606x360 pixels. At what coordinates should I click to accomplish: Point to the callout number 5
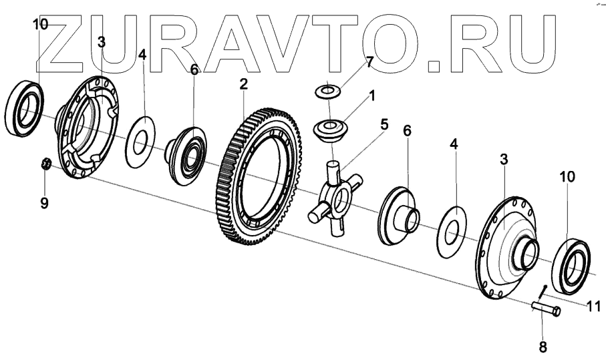(x=384, y=124)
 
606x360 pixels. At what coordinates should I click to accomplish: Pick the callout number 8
(x=542, y=347)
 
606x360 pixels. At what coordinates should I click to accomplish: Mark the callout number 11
(x=593, y=307)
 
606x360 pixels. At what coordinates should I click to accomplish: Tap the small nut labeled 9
(x=46, y=163)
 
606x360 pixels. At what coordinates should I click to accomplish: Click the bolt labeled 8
(x=547, y=309)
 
